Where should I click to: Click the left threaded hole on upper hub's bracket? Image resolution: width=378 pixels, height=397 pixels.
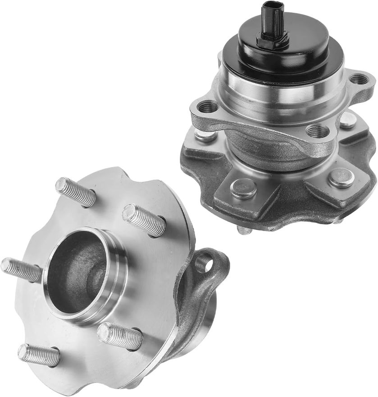tap(208, 107)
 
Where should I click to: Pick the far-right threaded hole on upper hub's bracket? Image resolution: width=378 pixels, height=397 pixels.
tap(359, 79)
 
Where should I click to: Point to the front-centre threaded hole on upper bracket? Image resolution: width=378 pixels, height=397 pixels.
tap(317, 131)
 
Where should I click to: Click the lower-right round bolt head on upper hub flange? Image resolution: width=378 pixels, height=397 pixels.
tap(341, 177)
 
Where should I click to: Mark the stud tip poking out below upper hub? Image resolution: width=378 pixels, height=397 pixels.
tap(245, 230)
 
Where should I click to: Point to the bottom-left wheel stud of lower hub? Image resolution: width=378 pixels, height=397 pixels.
tap(39, 355)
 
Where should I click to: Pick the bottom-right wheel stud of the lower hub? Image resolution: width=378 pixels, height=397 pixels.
tap(120, 336)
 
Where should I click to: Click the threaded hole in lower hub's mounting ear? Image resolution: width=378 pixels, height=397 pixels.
tap(205, 262)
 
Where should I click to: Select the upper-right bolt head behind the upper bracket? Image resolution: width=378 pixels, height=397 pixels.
tap(348, 120)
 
